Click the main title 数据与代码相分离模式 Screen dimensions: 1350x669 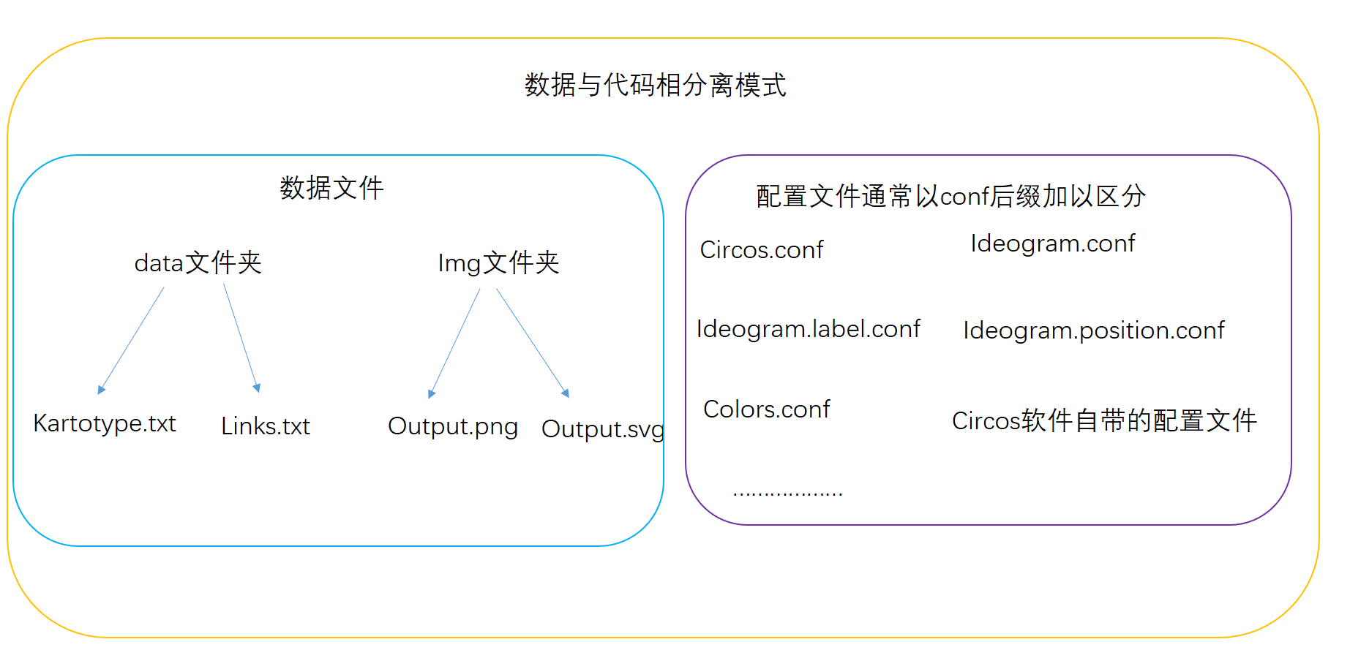(x=656, y=85)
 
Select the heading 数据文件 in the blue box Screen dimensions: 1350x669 (x=331, y=188)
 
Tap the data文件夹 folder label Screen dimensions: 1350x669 (x=198, y=262)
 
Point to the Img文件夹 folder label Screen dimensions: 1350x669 (x=498, y=262)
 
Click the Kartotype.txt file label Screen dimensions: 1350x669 (x=105, y=424)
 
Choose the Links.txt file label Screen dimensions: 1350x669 (x=266, y=426)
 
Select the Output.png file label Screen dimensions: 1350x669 (x=453, y=427)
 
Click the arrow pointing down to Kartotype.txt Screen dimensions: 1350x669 (x=131, y=341)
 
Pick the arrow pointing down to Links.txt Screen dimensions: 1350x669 (x=241, y=339)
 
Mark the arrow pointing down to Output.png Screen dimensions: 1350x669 (x=454, y=344)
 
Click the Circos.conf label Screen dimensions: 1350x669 (x=762, y=250)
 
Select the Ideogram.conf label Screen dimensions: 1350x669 (x=1053, y=244)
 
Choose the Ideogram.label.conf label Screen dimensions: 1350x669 (x=809, y=330)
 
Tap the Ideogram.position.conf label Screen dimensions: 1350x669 (x=1094, y=331)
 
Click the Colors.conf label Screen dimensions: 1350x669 (x=767, y=409)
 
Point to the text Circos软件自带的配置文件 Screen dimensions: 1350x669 (x=1104, y=421)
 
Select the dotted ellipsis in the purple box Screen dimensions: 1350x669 (x=787, y=494)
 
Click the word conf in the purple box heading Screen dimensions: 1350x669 (x=964, y=197)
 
